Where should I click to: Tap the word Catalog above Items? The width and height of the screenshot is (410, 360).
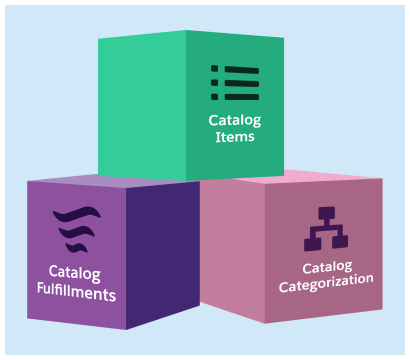click(234, 120)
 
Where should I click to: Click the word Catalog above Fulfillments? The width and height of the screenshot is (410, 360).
click(75, 272)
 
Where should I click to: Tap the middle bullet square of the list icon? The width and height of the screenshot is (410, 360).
click(214, 83)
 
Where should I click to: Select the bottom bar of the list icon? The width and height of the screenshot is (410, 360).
click(241, 96)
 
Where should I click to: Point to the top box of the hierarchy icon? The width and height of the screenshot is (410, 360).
click(324, 214)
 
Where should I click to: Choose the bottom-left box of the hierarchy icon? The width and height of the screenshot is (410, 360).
click(311, 242)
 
